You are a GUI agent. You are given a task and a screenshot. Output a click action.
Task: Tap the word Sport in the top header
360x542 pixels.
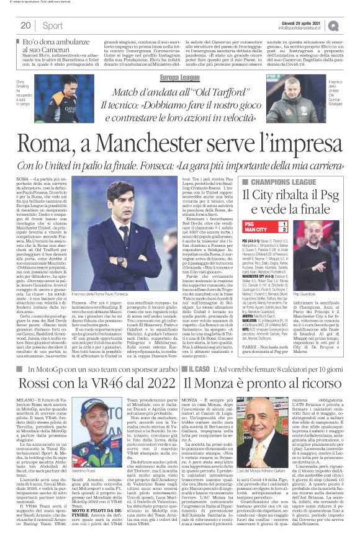click(x=53, y=25)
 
